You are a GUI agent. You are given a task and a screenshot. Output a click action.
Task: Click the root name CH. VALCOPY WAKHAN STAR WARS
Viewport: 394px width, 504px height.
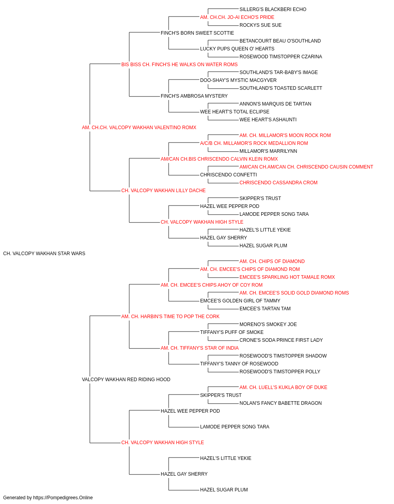[x=44, y=254]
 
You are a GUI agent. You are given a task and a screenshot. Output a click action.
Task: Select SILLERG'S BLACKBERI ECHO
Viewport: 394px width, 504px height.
[x=273, y=9]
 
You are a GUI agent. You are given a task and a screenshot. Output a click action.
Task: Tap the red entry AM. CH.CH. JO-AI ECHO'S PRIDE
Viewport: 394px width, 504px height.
[x=237, y=17]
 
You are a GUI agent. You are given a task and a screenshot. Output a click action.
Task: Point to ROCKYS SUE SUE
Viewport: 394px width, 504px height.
[x=260, y=25]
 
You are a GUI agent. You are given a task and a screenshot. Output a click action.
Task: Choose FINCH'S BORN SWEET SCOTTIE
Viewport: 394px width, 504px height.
[x=197, y=33]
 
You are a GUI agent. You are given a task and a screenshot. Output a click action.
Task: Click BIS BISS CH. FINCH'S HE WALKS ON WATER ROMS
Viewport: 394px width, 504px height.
[x=179, y=65]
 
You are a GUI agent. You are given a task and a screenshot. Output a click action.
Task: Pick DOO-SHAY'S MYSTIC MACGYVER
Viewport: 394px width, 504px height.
[x=238, y=80]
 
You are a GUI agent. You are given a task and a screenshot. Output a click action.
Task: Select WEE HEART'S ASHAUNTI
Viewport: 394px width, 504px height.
[x=268, y=120]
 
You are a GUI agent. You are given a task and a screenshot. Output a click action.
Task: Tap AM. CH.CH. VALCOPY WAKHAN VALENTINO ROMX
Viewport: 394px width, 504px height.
[x=139, y=128]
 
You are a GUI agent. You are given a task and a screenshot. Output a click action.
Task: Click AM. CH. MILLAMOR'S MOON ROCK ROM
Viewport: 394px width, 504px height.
[x=285, y=135]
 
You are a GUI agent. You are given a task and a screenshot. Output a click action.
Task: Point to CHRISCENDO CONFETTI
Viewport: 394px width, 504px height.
[x=229, y=175]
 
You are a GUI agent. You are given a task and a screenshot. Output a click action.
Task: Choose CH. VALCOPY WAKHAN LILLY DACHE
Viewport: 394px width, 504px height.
[x=164, y=191]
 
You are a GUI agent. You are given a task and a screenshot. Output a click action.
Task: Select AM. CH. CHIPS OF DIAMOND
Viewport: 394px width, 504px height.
[x=272, y=261]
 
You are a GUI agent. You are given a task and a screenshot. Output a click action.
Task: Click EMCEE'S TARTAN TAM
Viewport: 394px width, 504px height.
[x=265, y=309]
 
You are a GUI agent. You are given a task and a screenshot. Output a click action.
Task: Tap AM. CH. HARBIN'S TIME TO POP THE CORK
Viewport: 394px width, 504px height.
[x=170, y=317]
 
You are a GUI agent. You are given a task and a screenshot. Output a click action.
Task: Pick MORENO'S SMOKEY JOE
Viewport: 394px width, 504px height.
[x=268, y=324]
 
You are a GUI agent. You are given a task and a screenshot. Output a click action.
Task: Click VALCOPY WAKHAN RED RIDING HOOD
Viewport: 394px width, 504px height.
[x=126, y=380]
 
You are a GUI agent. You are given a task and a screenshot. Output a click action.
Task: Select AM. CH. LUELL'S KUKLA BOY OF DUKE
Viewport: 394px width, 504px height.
[x=283, y=387]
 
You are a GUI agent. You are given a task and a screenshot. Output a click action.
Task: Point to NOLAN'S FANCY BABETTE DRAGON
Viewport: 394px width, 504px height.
[x=281, y=403]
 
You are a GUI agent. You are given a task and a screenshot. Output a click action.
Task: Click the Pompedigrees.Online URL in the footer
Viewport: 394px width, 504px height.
[x=63, y=498]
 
